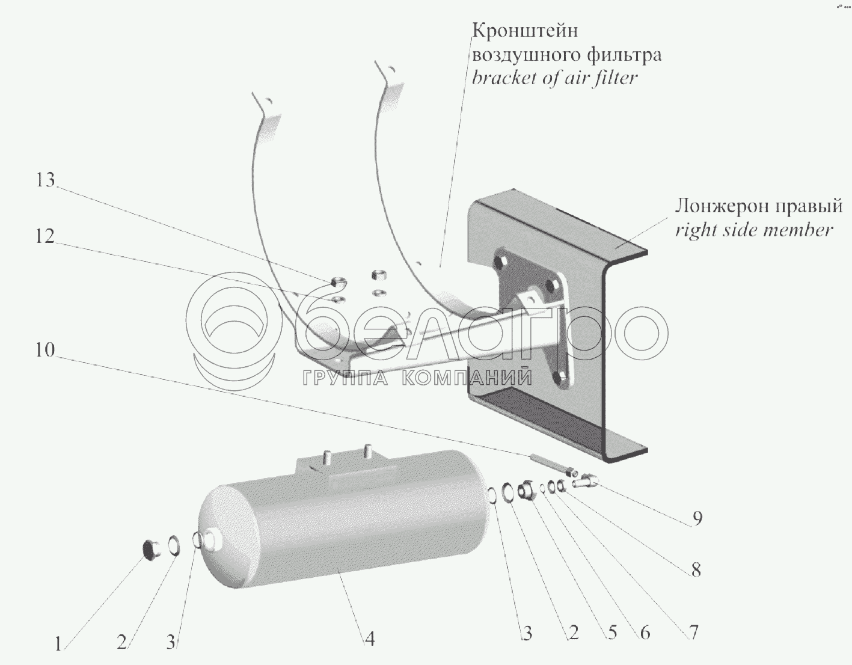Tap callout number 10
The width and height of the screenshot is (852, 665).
point(45,350)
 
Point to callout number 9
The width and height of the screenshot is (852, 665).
point(696,518)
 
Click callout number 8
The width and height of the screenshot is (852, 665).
point(696,569)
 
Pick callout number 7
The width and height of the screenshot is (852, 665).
point(692,632)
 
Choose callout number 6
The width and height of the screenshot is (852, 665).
point(645,633)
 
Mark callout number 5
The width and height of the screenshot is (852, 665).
point(612,633)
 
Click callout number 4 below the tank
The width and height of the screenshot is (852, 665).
point(370,639)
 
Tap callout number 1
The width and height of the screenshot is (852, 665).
point(58,645)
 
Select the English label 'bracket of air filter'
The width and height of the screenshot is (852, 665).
point(554,78)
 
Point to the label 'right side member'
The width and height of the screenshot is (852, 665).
point(754,230)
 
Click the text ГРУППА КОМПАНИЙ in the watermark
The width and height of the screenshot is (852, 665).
point(417,378)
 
